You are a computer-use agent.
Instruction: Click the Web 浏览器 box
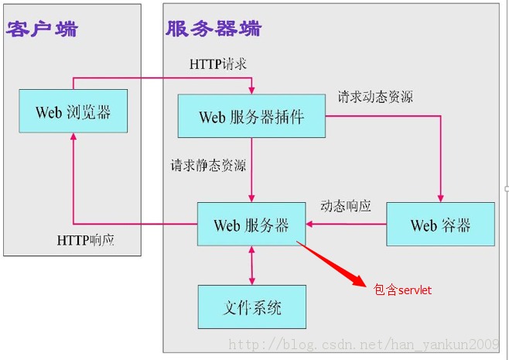click(x=73, y=111)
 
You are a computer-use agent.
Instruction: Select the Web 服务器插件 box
click(x=251, y=116)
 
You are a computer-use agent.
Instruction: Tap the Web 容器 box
click(x=440, y=225)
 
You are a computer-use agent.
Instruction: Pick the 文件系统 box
click(x=252, y=307)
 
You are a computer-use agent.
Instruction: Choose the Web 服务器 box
click(x=251, y=225)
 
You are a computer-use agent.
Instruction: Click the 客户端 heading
click(x=42, y=29)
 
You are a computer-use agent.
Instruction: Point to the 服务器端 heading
click(x=214, y=29)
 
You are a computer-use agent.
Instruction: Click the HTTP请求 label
click(x=218, y=63)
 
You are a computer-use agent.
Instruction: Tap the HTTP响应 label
click(x=86, y=240)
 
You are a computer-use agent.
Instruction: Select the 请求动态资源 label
click(x=375, y=97)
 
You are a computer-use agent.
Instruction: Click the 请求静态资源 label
click(x=208, y=165)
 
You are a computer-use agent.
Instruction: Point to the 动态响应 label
click(x=346, y=206)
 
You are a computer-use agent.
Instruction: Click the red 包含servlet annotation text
click(x=402, y=290)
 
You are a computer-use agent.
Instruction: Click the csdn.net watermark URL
click(x=364, y=345)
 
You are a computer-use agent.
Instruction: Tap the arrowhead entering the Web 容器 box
click(x=440, y=198)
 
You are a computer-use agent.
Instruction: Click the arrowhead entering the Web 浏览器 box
click(x=73, y=137)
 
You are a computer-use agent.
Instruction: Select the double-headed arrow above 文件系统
click(x=251, y=266)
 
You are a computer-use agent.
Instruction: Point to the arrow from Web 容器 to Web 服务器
click(x=346, y=224)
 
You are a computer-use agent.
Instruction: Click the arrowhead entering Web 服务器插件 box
click(x=251, y=91)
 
